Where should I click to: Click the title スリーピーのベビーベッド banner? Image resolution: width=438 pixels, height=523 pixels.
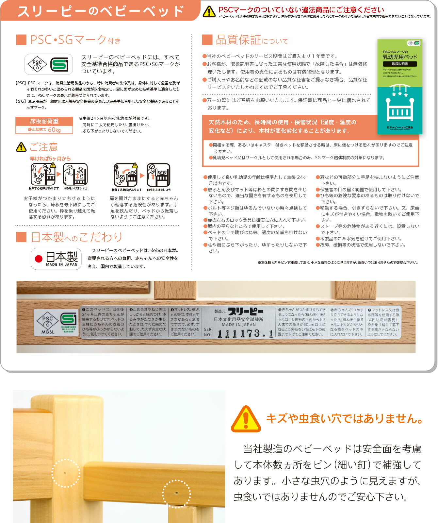pos(100,11)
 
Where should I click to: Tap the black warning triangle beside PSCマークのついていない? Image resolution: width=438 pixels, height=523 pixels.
pos(209,12)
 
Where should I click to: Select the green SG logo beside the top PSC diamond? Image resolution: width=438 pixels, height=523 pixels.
pos(59,64)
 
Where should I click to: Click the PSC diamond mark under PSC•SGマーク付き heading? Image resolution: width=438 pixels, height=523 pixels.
pos(37,64)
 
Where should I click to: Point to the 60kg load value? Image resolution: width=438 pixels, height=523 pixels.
pos(54,130)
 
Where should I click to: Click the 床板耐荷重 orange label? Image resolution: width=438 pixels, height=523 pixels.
pos(44,121)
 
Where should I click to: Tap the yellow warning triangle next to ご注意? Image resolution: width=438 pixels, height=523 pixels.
pos(21,147)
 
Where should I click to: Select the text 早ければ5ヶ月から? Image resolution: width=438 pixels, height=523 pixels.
pos(50,159)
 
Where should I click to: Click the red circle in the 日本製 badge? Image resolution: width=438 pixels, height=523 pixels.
pos(39,259)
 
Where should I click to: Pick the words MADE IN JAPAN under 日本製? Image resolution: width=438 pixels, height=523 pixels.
pos(62,264)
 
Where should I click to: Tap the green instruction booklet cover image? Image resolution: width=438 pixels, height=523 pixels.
pos(400,87)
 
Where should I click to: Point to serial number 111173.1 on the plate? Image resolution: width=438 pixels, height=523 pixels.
pos(245,334)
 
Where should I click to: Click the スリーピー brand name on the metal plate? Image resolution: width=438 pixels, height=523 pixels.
pos(245,311)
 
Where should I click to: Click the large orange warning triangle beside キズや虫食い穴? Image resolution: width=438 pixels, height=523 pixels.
pos(246,419)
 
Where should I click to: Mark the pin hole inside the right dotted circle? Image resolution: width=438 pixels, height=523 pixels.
pos(177,493)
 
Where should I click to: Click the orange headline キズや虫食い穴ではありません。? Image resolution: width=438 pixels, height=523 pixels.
pos(345,418)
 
